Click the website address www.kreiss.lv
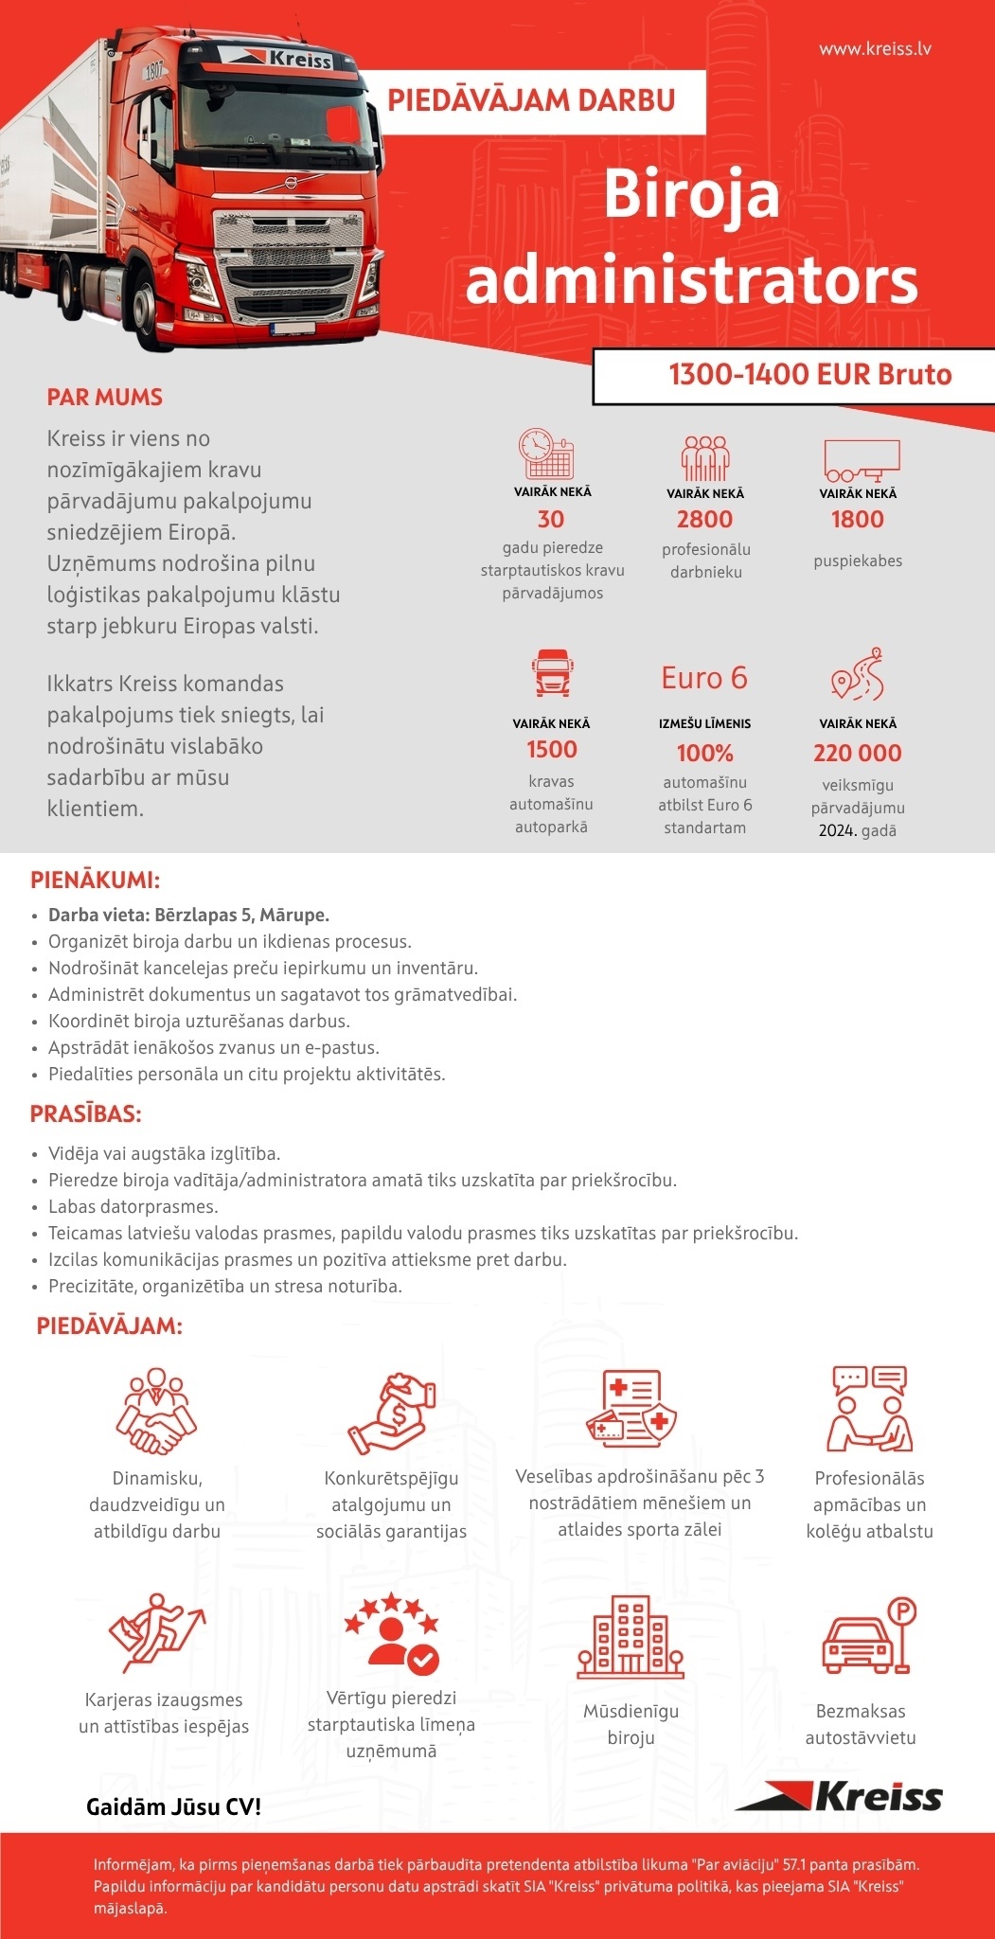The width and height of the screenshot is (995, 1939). click(x=874, y=48)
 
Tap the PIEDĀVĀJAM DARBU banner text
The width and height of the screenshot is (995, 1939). click(x=531, y=100)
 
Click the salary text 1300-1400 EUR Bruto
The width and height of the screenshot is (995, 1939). click(x=809, y=375)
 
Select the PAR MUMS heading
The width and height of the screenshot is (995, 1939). click(x=105, y=397)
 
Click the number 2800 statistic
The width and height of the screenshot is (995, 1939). click(x=704, y=519)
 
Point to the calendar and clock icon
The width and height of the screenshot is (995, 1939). click(x=546, y=454)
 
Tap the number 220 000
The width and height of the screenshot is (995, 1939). click(x=857, y=753)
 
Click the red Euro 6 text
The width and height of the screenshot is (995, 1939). click(x=704, y=678)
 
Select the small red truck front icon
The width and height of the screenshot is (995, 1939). click(x=551, y=672)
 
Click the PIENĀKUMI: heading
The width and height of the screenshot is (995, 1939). click(x=95, y=880)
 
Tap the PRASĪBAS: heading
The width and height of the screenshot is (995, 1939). click(x=86, y=1113)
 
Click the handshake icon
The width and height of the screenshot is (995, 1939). click(x=156, y=1411)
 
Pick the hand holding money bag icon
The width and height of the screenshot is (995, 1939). click(x=391, y=1414)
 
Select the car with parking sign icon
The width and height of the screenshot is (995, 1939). click(x=868, y=1635)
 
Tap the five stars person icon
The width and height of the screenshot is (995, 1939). click(x=391, y=1633)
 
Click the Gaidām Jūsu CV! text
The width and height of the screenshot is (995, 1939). click(x=173, y=1806)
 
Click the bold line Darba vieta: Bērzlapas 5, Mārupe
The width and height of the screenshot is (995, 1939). click(x=188, y=916)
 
